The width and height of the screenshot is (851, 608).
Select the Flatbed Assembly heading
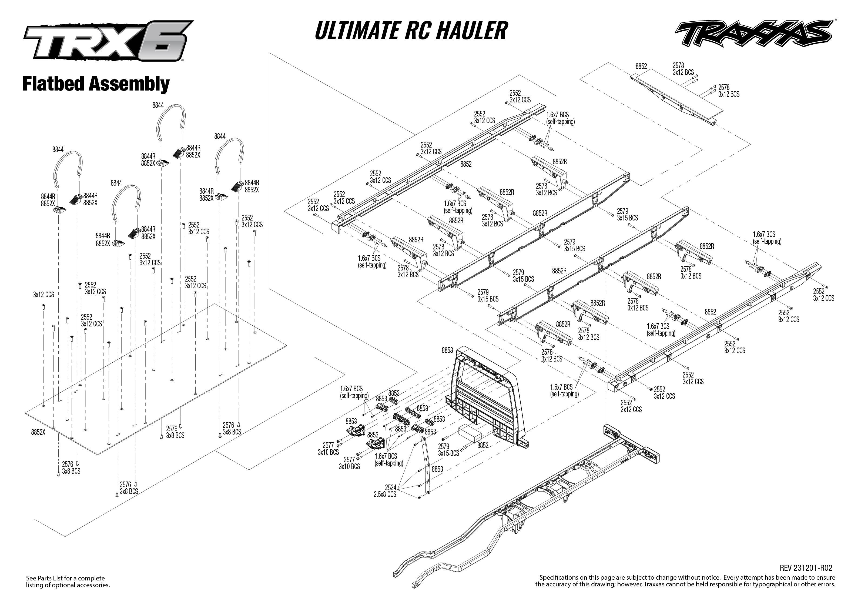[x=96, y=83]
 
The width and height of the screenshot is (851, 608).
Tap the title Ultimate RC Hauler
[x=411, y=31]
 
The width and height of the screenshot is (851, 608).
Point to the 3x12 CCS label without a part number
[x=43, y=295]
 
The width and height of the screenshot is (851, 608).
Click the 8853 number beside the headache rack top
[x=447, y=350]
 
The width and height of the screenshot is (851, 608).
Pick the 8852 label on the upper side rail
[x=466, y=164]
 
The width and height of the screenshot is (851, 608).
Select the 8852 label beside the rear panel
[x=641, y=66]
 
